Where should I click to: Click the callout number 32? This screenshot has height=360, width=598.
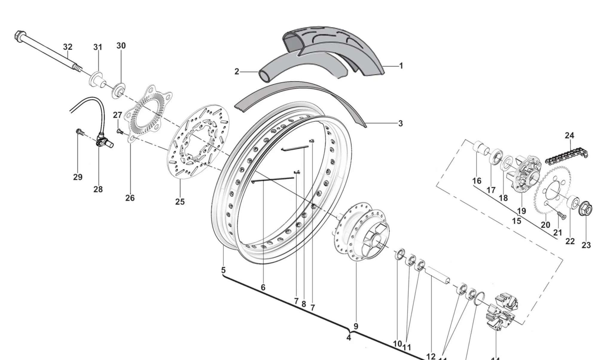68,47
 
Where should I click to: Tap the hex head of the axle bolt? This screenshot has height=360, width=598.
19,36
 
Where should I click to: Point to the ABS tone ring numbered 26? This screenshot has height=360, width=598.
148,114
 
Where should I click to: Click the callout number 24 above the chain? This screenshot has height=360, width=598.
569,135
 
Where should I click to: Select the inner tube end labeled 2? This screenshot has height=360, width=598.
264,76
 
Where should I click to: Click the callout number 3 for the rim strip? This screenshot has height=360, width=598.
400,123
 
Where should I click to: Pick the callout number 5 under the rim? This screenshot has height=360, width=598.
223,270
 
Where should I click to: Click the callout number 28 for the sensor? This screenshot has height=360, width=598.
98,189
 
